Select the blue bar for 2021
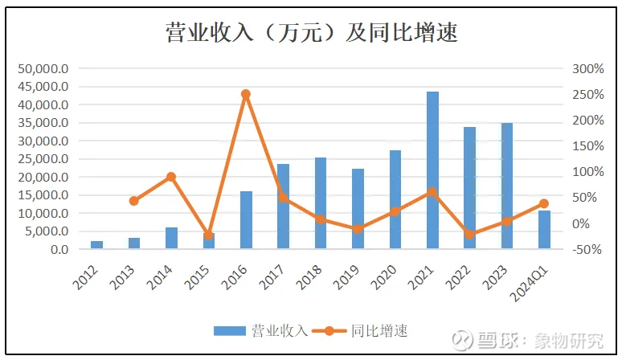click(432, 170)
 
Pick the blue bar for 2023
click(507, 186)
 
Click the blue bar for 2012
click(96, 245)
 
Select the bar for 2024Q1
click(544, 230)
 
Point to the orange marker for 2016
click(246, 94)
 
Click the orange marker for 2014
click(171, 177)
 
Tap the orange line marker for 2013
click(134, 201)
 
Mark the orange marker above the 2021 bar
click(432, 192)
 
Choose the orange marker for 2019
click(358, 229)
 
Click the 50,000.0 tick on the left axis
click(42, 68)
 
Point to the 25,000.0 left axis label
click(42, 159)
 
